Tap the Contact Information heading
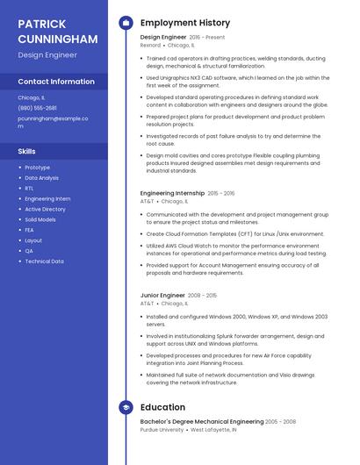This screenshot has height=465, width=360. [56, 82]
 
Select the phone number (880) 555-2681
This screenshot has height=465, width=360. [37, 108]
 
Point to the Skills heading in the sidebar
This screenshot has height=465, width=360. [26, 151]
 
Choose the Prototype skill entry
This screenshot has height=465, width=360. [37, 168]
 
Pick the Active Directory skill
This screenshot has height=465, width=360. [45, 210]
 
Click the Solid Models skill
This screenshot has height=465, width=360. [40, 219]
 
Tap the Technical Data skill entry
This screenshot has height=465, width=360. [44, 261]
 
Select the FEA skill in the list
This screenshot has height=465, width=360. [30, 230]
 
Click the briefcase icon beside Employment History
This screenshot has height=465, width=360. [126, 23]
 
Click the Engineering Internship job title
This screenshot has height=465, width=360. [172, 193]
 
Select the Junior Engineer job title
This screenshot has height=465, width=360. [162, 296]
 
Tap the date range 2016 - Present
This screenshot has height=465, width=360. [207, 38]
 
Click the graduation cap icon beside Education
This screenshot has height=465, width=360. [126, 407]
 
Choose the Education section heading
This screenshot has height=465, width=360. [162, 407]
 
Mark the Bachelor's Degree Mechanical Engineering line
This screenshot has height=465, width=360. [201, 422]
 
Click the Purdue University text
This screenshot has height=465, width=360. [162, 430]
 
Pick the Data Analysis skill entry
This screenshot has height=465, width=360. [41, 178]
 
